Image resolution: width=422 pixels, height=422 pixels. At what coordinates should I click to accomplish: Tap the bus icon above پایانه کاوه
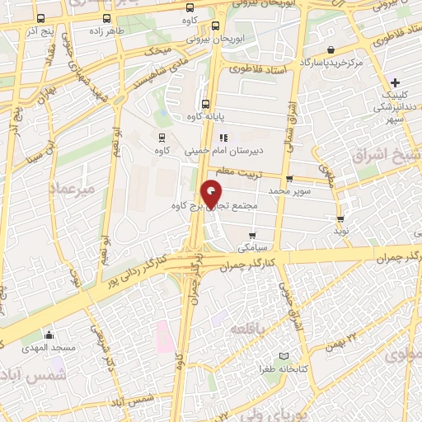pos(204,105)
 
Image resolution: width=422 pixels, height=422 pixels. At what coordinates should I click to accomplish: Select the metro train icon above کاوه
pos(162,138)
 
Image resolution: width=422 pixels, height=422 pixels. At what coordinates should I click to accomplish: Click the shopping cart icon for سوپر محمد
pos(288,179)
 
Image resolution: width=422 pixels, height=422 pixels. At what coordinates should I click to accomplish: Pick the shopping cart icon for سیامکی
pos(252,234)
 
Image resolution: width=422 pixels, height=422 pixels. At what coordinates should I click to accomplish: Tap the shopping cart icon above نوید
pos(340,219)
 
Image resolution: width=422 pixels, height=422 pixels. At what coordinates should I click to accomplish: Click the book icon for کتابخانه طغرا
pos(284,356)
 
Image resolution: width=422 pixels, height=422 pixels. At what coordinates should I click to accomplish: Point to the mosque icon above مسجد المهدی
pos(49,335)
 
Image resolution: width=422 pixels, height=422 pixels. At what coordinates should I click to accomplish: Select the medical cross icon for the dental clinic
pos(396,82)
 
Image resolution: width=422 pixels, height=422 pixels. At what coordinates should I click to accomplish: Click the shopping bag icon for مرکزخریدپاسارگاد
pos(331,49)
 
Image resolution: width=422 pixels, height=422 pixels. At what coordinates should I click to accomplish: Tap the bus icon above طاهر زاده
pos(105,18)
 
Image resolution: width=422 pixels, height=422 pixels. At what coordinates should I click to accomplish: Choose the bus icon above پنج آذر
pos(41,18)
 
